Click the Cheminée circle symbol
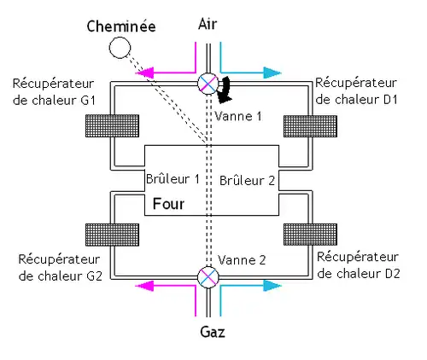pyautogui.click(x=118, y=47)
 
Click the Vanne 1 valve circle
pyautogui.click(x=208, y=83)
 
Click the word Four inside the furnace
pyautogui.click(x=167, y=205)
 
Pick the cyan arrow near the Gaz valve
pyautogui.click(x=252, y=287)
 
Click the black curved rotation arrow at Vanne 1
pyautogui.click(x=226, y=87)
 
